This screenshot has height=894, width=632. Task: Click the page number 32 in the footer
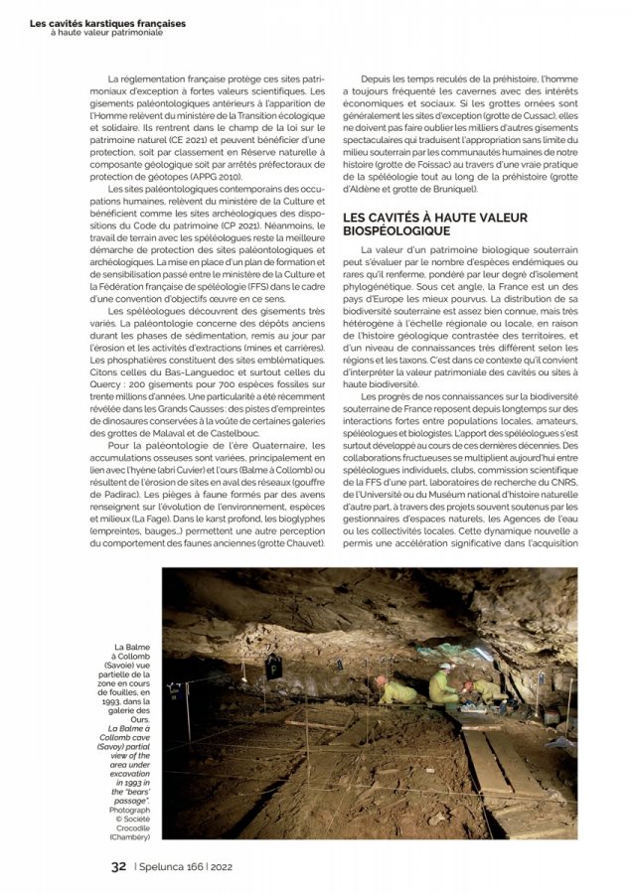coord(118,866)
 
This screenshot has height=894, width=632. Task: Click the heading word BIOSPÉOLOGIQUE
coord(396,230)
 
